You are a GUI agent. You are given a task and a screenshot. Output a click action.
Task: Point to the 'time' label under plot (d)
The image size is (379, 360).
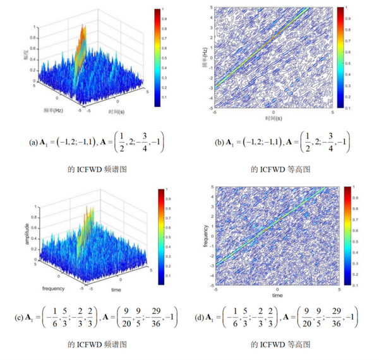click(277, 295)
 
